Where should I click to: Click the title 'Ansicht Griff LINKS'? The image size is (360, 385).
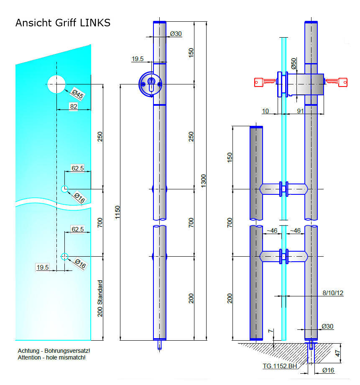click(x=63, y=23)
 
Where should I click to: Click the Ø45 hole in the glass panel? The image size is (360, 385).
click(x=56, y=84)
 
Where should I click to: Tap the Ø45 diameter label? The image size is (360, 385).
click(x=78, y=94)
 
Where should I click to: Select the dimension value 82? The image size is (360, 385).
click(x=74, y=107)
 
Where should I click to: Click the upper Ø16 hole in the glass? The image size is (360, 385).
click(x=64, y=189)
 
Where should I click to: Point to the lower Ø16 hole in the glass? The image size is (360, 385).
click(x=64, y=256)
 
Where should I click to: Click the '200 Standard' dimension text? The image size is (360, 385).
click(x=100, y=298)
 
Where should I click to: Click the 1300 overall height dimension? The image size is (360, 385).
click(x=203, y=181)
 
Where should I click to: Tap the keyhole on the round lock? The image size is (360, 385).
click(x=151, y=83)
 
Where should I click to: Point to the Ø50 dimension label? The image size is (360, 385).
click(x=294, y=64)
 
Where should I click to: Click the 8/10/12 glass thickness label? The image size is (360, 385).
click(x=333, y=293)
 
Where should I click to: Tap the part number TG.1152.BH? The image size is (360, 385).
click(x=280, y=367)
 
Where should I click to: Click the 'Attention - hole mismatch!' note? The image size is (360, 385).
click(x=51, y=357)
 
